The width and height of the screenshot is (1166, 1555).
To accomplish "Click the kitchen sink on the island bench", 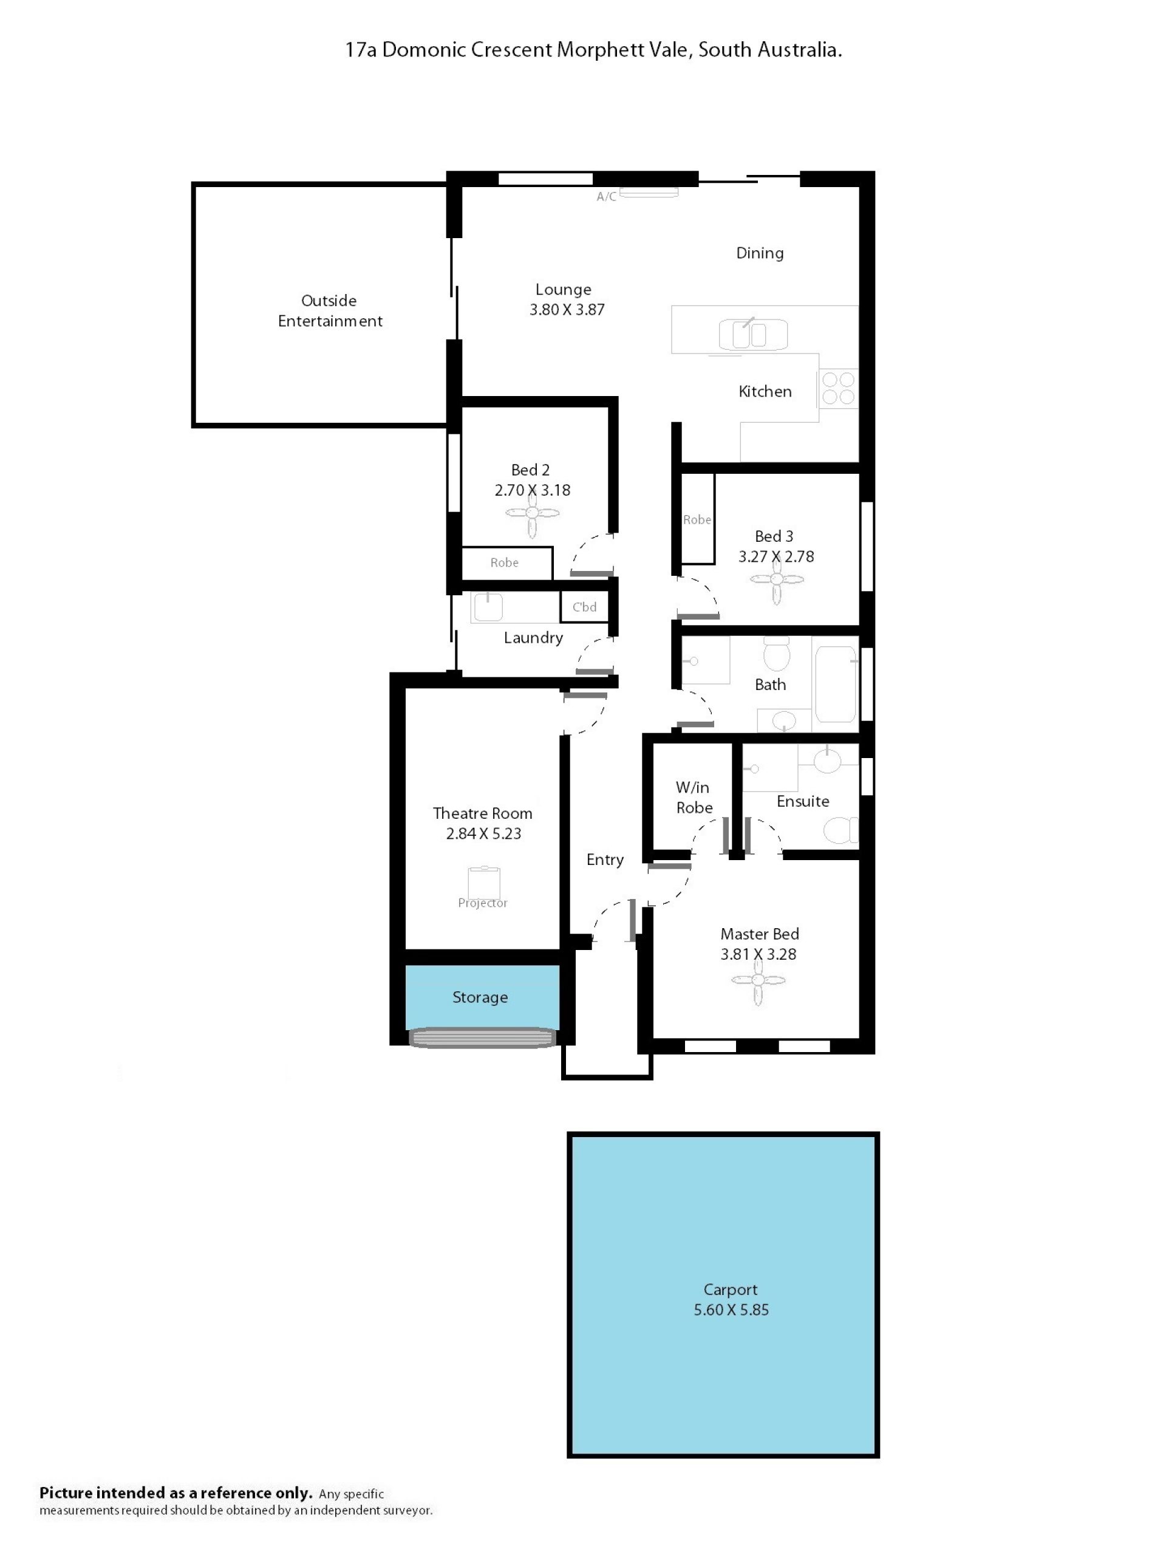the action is click(752, 334).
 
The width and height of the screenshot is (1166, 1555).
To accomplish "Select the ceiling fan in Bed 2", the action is click(532, 513).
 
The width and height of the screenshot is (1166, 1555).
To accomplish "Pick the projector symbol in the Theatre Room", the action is click(483, 881).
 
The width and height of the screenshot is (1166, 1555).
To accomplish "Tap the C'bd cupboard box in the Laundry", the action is click(584, 607).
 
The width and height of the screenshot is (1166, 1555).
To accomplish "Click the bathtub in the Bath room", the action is click(836, 684).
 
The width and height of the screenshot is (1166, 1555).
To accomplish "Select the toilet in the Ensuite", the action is click(840, 830).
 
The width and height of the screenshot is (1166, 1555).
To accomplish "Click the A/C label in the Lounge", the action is click(606, 197).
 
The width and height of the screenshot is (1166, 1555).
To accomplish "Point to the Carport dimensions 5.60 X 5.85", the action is click(731, 1310).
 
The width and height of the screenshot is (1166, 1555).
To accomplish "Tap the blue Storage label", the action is click(480, 997).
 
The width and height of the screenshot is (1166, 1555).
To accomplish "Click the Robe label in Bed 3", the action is click(697, 519).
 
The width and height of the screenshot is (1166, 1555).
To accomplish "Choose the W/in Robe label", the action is click(694, 797).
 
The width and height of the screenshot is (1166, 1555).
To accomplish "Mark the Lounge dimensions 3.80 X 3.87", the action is click(567, 309).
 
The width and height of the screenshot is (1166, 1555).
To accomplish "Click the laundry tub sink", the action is click(488, 607).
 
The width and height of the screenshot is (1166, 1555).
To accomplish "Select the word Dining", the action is click(760, 253).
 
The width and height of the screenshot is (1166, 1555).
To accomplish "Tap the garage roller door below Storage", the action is click(482, 1037).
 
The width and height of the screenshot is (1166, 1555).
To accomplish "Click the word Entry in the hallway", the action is click(604, 860).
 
